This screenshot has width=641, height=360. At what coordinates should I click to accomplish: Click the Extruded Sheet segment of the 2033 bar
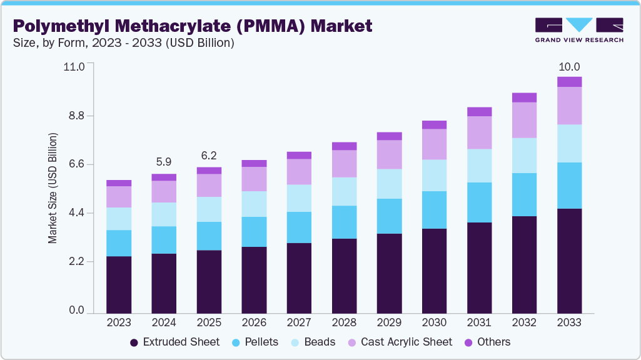(x=569, y=261)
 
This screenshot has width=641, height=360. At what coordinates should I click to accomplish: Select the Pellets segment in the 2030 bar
(x=434, y=210)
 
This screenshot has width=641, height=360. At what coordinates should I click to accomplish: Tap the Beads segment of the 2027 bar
(x=299, y=198)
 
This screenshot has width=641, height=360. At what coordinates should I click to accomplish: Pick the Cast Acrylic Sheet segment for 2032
(x=524, y=120)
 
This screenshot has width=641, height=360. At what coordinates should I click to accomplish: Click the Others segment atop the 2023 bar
(x=119, y=183)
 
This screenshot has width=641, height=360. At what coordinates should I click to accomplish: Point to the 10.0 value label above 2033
(x=569, y=67)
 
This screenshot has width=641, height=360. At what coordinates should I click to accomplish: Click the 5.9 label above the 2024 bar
(x=164, y=162)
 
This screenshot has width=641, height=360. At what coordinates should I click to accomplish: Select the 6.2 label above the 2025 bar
(x=209, y=155)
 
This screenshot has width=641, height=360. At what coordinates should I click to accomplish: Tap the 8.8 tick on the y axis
(x=76, y=116)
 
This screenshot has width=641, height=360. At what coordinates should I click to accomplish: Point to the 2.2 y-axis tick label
(x=76, y=262)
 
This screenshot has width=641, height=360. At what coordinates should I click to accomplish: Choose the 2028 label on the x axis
(x=344, y=323)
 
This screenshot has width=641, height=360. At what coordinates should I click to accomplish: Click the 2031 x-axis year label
(x=479, y=323)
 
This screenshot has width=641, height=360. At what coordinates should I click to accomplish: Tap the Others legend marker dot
(x=468, y=342)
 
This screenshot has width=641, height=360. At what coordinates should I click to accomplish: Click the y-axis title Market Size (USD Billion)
(x=53, y=188)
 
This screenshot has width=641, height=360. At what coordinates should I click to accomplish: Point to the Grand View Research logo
(x=579, y=29)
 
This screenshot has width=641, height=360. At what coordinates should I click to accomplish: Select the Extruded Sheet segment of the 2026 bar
(x=254, y=280)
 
